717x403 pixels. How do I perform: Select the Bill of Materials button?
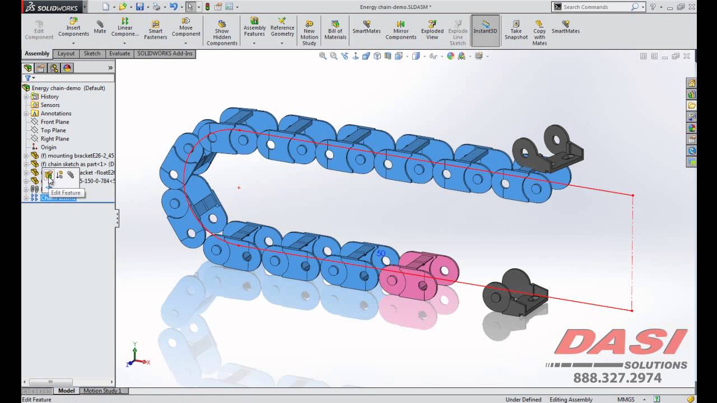pos(335,30)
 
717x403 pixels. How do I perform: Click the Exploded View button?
pos(432,30)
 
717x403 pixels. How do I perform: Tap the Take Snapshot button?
pos(516,30)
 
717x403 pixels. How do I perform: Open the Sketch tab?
pos(92,54)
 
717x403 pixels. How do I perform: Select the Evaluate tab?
pos(119,54)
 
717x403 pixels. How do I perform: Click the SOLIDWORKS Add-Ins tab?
pos(165,54)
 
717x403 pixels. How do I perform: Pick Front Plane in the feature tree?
pos(55,122)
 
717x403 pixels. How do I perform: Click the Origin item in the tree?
pos(48,147)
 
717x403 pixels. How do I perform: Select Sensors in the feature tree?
pos(50,105)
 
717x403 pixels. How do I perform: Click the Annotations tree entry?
pos(55,114)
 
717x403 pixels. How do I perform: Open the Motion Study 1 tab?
pos(103,391)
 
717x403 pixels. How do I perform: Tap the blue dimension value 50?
pos(381,254)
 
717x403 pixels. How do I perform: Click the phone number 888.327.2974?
pos(617,379)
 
